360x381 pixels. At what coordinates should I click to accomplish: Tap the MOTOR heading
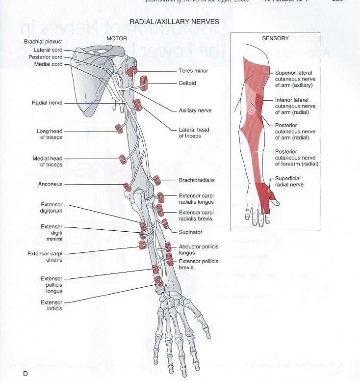(x=117, y=38)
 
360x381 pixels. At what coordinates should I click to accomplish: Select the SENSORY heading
(x=276, y=38)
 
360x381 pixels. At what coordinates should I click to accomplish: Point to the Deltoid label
(x=187, y=83)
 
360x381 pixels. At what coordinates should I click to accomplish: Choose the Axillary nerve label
(x=196, y=110)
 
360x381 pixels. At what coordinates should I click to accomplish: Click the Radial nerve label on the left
(x=47, y=103)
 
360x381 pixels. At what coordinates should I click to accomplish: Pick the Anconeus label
(x=50, y=185)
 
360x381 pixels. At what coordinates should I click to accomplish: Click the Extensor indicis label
(x=51, y=305)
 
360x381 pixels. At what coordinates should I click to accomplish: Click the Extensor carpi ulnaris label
(x=51, y=257)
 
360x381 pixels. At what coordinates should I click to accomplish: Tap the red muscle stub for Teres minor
(x=133, y=71)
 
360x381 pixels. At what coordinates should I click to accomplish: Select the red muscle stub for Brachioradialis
(x=157, y=180)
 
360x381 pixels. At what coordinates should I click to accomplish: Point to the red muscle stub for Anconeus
(x=127, y=187)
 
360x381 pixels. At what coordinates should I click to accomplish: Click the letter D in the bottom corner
(x=25, y=375)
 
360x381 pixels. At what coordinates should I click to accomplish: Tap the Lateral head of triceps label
(x=194, y=133)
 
